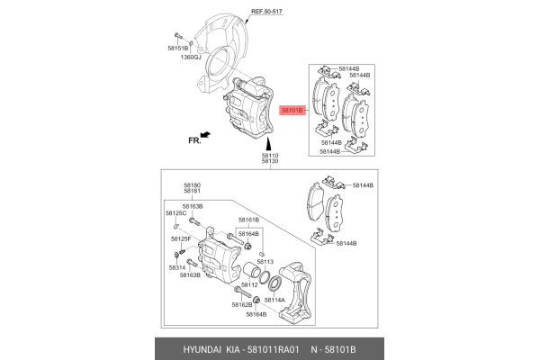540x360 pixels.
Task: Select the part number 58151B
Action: (178, 46)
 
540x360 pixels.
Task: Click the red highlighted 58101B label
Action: (292, 111)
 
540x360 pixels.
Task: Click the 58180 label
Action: (192, 184)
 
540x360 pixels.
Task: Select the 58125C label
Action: (175, 213)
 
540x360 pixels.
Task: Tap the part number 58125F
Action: (180, 239)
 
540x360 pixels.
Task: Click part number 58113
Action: (264, 261)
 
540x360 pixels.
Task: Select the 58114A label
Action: (274, 300)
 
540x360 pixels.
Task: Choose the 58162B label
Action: (242, 306)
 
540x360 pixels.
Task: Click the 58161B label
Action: (248, 220)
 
